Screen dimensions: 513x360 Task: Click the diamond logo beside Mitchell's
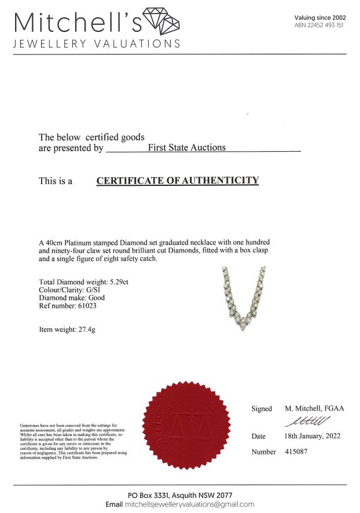coord(161,21)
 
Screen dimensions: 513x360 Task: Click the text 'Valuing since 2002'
coord(320,18)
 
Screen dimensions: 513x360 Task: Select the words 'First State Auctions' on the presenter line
coord(187,148)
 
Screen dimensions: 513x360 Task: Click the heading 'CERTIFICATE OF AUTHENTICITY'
coord(177,181)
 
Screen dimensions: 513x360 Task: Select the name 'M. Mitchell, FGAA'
coord(314,408)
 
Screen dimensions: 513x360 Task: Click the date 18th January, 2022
coord(313,436)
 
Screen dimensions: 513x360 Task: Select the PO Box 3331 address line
coord(180,495)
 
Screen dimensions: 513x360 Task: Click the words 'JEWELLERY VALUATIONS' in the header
coord(96,44)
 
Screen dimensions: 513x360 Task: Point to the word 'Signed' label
coord(261,409)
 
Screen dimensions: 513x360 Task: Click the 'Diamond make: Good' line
coord(72,298)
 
